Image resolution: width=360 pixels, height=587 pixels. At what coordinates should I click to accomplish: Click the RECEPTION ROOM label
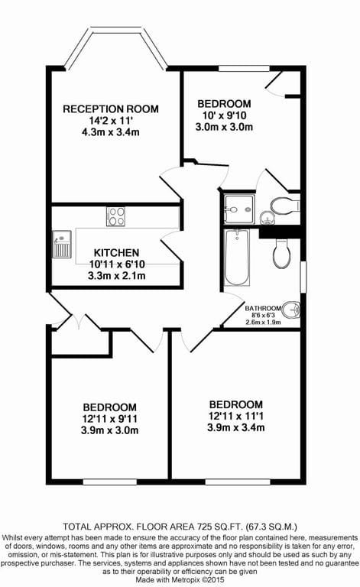tap(111, 109)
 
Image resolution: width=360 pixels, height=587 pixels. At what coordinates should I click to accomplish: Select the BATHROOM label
tap(263, 309)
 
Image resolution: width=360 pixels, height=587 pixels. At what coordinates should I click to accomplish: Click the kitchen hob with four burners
tap(115, 216)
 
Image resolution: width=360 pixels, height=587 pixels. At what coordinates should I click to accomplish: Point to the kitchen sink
tap(62, 244)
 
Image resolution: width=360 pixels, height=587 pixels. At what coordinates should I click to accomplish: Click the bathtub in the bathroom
tap(236, 258)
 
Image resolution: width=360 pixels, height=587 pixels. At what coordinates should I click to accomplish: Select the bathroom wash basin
tap(291, 310)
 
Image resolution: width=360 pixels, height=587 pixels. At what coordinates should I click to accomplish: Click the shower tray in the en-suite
tap(239, 209)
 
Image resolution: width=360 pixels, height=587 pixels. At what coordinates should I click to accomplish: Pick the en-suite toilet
tap(285, 206)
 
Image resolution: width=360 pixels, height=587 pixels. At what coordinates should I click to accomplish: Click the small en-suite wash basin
tap(268, 218)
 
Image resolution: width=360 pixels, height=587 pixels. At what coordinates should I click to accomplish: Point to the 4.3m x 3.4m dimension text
tap(110, 132)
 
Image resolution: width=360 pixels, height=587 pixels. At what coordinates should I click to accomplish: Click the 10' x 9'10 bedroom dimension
tap(224, 115)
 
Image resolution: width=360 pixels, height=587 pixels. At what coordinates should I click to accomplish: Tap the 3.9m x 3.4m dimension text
tap(236, 427)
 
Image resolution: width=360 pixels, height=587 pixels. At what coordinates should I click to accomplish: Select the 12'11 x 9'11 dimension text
tap(109, 419)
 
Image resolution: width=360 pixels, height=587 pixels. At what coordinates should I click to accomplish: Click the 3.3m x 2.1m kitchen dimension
tap(116, 276)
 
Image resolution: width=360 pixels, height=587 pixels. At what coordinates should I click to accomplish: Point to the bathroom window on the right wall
tap(303, 277)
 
